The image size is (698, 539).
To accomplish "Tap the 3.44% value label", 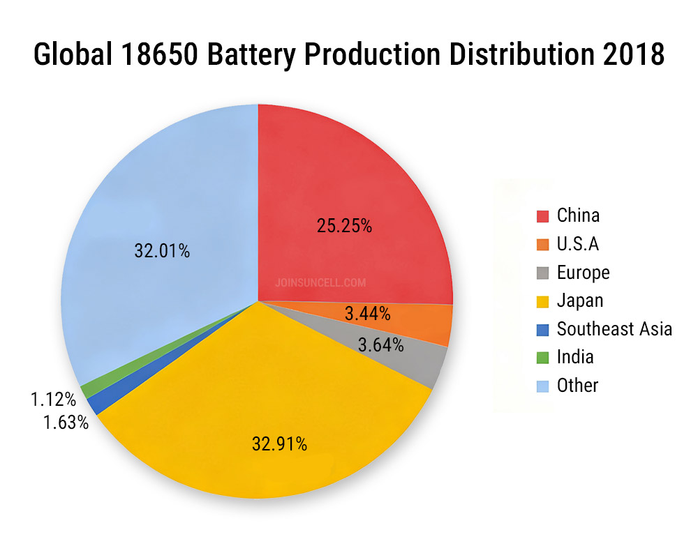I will click(x=367, y=314).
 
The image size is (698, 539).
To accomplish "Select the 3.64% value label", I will click(x=380, y=344).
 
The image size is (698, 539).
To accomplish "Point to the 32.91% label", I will click(x=279, y=443).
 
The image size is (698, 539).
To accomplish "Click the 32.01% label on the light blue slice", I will click(x=162, y=250).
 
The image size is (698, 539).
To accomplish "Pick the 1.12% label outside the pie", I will click(x=53, y=400).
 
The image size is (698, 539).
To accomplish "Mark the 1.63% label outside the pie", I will click(x=64, y=422).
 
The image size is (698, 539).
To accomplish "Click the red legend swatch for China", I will click(x=542, y=215).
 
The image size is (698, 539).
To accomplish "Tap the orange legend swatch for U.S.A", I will click(x=542, y=244).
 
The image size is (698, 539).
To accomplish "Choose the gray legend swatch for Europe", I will click(x=542, y=273).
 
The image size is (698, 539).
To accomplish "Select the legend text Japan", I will click(x=579, y=301).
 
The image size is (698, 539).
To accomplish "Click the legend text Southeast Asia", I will click(x=614, y=329).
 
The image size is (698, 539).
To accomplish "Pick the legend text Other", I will click(x=577, y=386).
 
